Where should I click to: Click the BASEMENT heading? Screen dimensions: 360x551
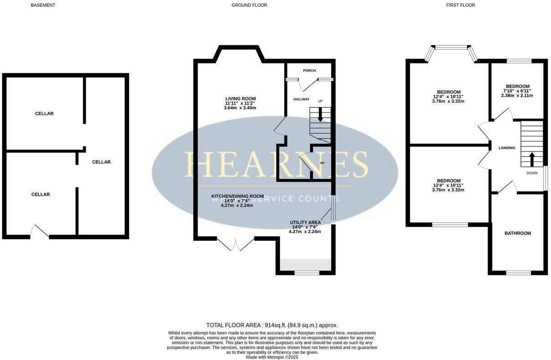(x=43, y=5)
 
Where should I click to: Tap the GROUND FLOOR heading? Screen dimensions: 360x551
(x=249, y=5)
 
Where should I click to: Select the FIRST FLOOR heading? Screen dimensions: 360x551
(x=460, y=5)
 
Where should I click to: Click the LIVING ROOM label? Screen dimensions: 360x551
(x=240, y=99)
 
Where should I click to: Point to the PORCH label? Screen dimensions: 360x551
(x=310, y=70)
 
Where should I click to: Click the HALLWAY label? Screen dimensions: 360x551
(x=301, y=99)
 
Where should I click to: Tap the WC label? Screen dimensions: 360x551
(x=322, y=162)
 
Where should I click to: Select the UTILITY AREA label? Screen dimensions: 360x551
(x=305, y=222)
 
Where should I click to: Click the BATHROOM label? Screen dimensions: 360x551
(x=517, y=233)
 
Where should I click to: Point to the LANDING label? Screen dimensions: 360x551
(x=507, y=148)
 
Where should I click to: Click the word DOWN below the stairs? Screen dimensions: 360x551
(x=532, y=173)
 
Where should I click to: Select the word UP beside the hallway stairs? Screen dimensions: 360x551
(x=320, y=101)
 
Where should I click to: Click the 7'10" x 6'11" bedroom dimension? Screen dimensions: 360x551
(x=517, y=91)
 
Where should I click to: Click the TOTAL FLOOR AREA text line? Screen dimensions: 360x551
(x=272, y=325)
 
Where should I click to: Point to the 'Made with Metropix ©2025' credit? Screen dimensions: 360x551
(x=272, y=357)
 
